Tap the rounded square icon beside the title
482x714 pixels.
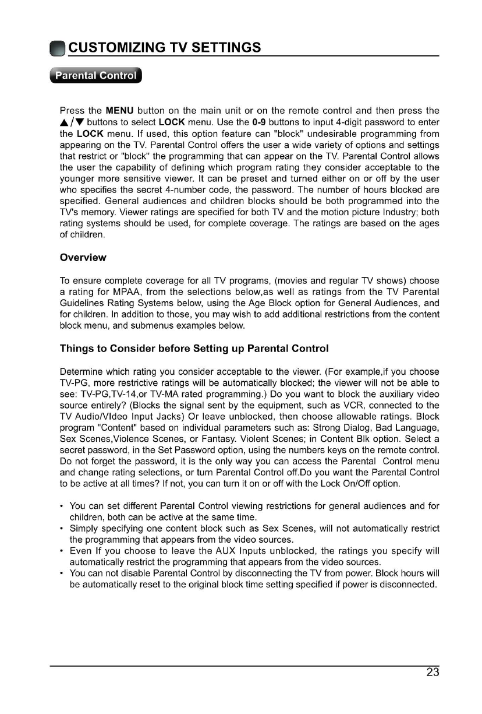coord(57,48)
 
